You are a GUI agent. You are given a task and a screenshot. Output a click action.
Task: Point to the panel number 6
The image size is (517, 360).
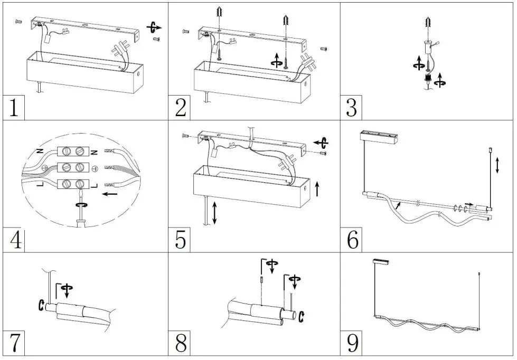353,240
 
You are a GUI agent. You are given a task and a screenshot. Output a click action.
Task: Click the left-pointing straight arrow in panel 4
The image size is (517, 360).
111,194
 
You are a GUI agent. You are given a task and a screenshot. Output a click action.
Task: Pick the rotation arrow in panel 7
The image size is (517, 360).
67,289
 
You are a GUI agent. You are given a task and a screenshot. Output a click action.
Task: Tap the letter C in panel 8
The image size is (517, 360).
302,316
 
